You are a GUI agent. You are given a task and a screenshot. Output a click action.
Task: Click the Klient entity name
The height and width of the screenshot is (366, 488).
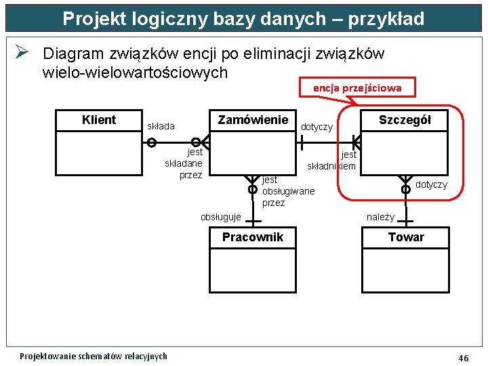(99, 120)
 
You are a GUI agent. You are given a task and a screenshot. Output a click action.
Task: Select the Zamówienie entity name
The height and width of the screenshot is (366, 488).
(253, 120)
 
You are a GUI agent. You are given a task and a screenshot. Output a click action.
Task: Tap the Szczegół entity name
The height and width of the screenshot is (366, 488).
(405, 120)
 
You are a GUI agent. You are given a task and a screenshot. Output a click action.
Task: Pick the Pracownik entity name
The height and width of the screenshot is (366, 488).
(253, 237)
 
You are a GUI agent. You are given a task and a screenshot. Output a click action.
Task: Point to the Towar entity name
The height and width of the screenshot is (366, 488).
(406, 237)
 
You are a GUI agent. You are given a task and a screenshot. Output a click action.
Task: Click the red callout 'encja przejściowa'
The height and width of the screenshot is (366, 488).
(357, 87)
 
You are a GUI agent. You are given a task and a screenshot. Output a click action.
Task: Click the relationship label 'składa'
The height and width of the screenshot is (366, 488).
(161, 126)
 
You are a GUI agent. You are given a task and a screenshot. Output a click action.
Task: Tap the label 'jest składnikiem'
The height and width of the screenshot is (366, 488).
(333, 161)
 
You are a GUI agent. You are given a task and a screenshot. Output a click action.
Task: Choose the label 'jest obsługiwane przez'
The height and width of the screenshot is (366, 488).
(287, 191)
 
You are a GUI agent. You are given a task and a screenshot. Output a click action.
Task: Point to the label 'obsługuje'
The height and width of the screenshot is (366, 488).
(221, 217)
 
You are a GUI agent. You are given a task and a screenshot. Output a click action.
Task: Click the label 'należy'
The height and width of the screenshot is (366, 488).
(380, 217)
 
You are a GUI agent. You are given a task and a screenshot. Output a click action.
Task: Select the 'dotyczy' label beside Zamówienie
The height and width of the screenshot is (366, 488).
(317, 127)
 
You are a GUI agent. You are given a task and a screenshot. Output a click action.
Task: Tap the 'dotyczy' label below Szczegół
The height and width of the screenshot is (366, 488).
(431, 184)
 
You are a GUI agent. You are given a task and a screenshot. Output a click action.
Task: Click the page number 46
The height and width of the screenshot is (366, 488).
(464, 358)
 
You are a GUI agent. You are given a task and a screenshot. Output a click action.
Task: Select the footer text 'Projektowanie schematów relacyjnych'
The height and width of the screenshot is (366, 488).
(94, 356)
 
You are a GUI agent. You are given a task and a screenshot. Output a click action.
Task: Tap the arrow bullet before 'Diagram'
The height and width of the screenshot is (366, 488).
(21, 53)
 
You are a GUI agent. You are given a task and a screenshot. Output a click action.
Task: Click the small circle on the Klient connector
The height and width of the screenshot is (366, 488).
(152, 142)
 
